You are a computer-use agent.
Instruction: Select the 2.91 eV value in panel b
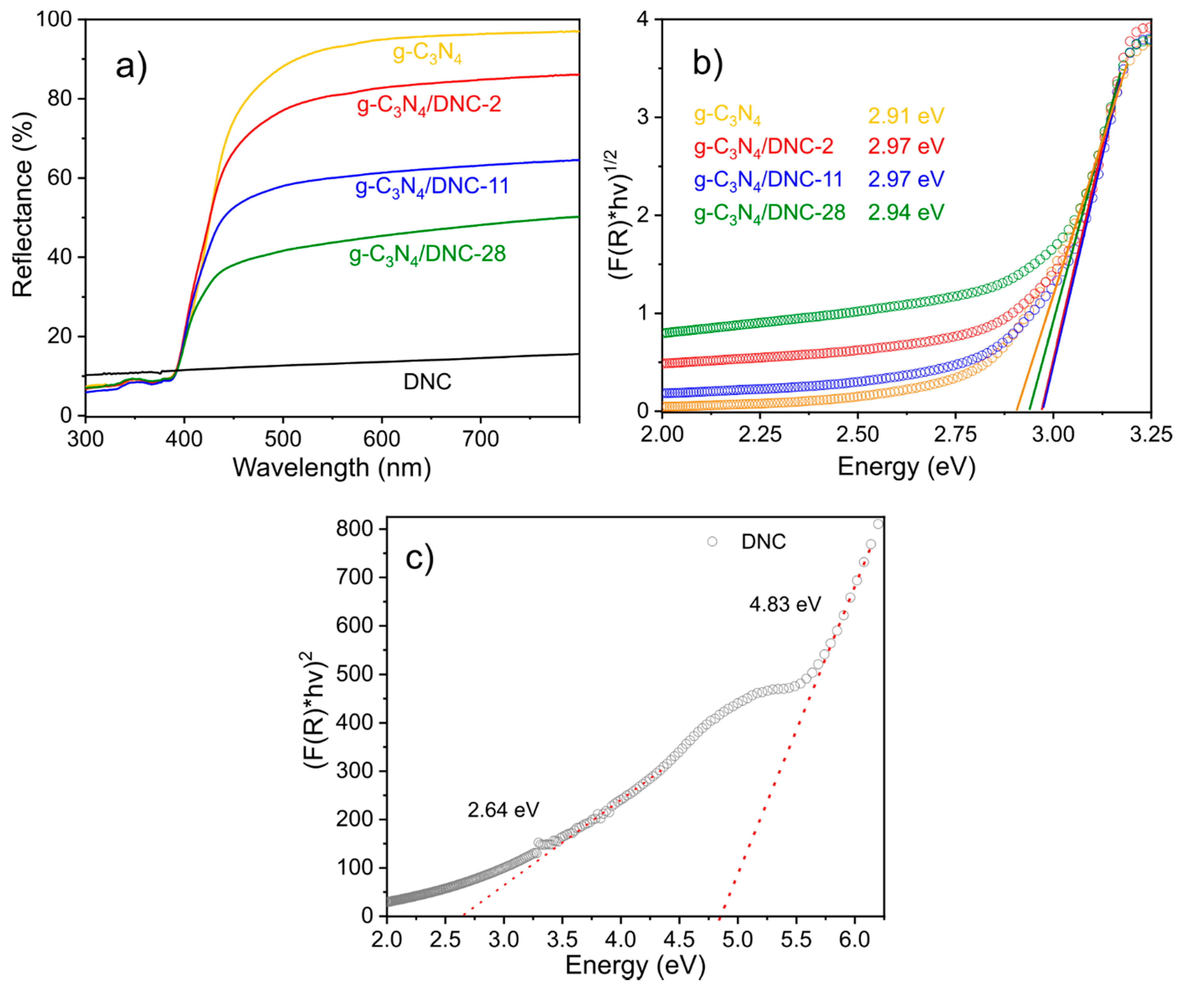tap(906, 116)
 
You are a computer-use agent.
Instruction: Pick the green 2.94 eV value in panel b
tap(906, 212)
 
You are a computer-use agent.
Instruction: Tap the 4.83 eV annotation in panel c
tap(785, 605)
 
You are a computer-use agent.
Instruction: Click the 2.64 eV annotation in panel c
tap(503, 810)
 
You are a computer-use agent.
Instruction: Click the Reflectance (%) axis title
tap(24, 205)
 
